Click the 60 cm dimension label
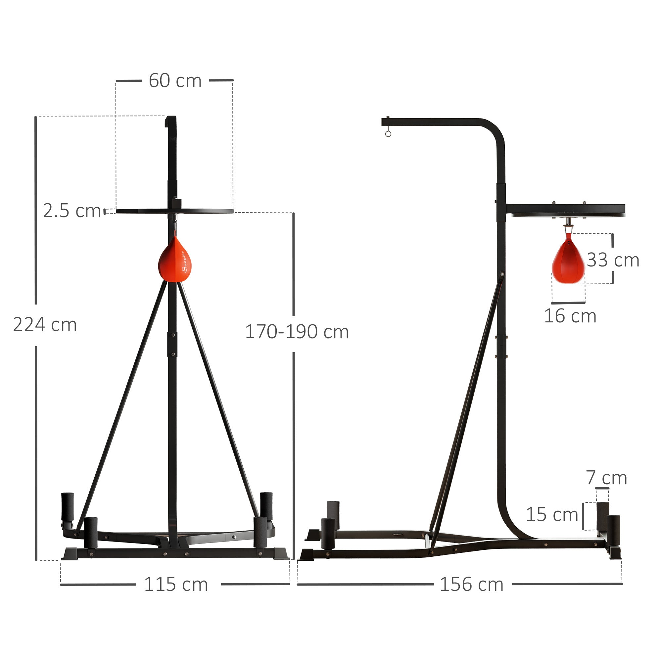coord(175,81)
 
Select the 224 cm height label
coord(45,324)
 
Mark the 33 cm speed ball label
coord(613,260)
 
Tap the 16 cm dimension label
coord(570,315)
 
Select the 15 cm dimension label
coord(552,514)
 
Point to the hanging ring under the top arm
coord(388,134)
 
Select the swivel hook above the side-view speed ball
coord(568,222)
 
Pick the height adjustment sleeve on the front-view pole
coord(172,344)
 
